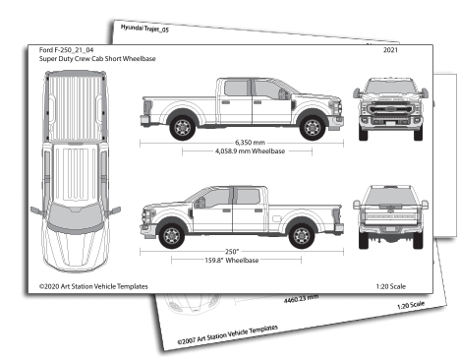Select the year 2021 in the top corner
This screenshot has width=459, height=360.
click(390, 49)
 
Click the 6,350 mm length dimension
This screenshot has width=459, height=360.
click(239, 144)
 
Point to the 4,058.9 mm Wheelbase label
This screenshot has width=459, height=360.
click(239, 153)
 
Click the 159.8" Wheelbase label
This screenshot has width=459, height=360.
click(239, 262)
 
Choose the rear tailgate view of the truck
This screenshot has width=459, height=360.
click(390, 215)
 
